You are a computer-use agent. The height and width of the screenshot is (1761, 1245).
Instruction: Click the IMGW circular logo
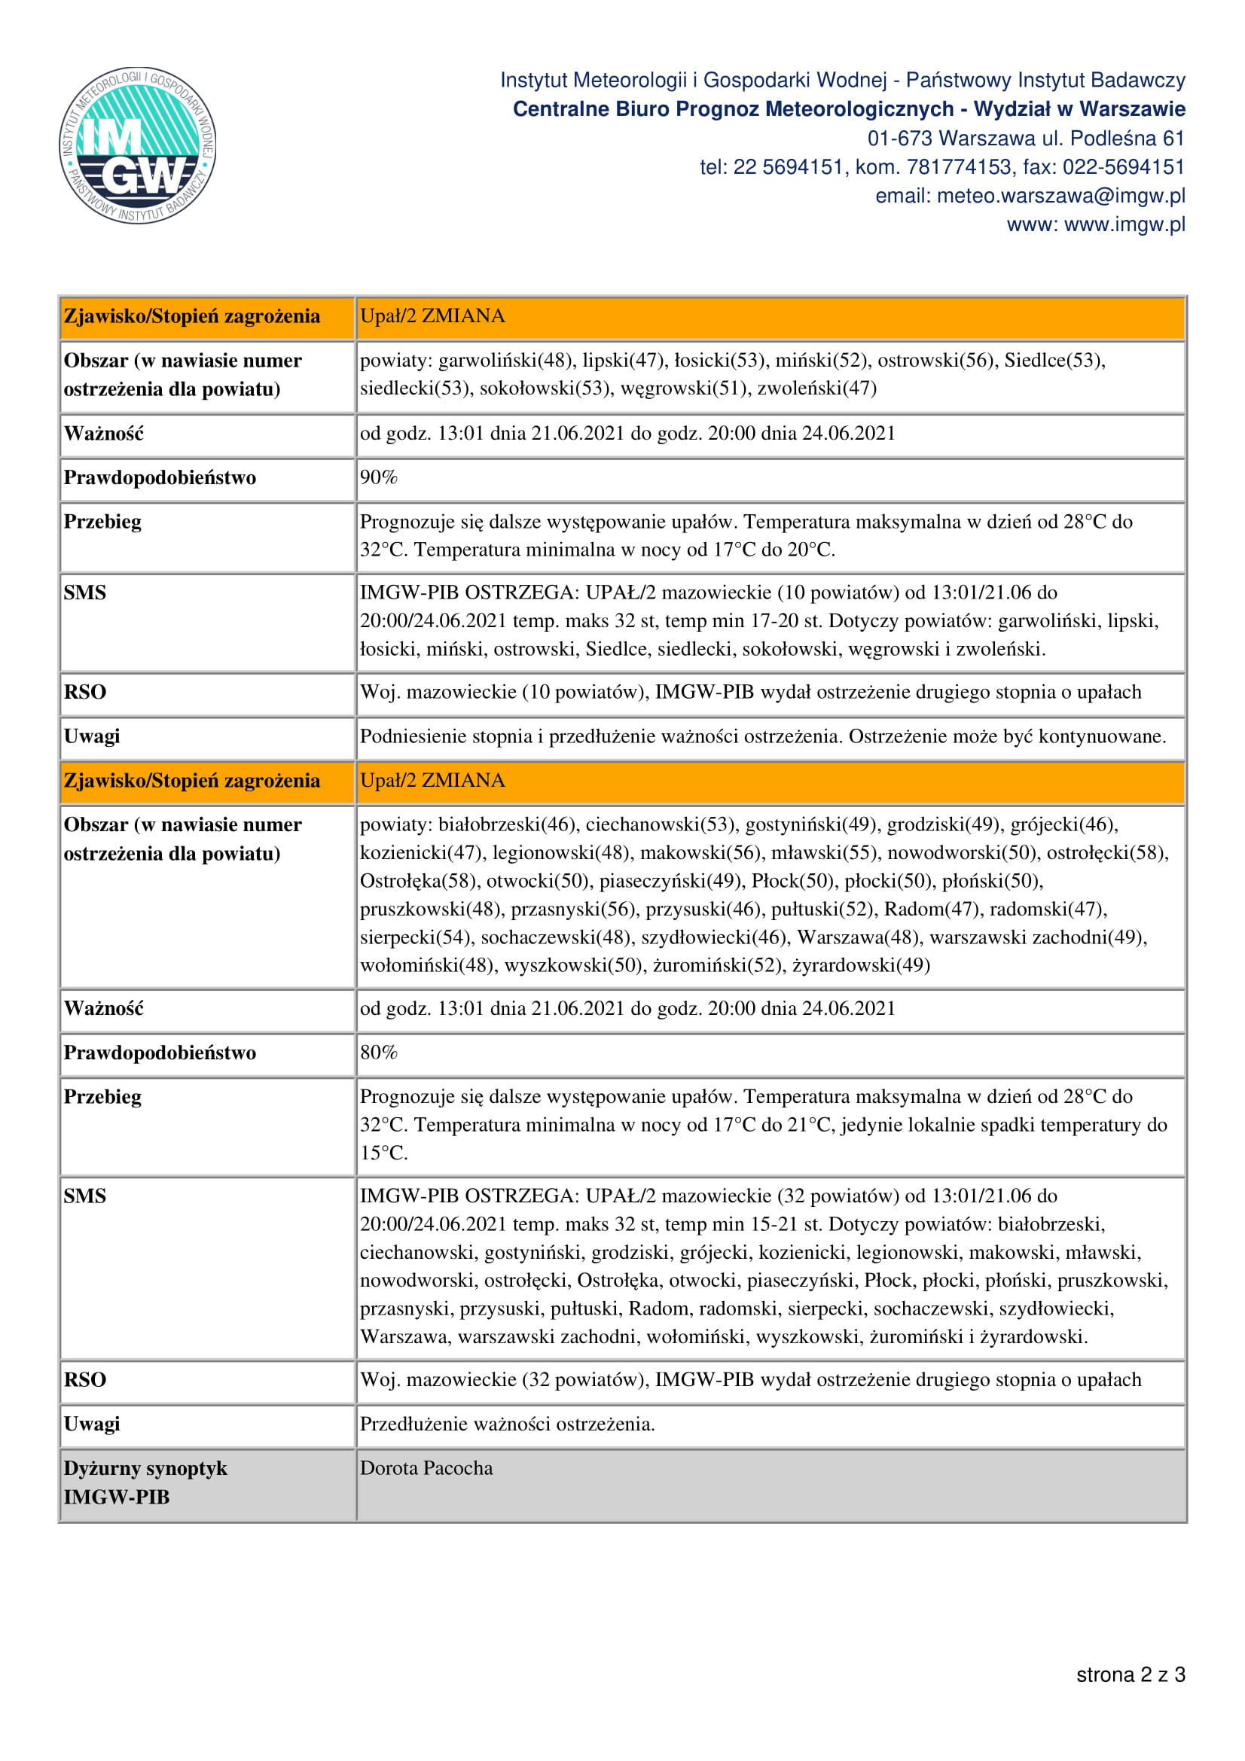pos(137,145)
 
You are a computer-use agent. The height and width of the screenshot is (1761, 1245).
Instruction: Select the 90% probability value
pos(379,478)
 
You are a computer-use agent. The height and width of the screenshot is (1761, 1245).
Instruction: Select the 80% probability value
pos(379,1053)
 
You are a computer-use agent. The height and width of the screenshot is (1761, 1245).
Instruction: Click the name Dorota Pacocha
pos(426,1468)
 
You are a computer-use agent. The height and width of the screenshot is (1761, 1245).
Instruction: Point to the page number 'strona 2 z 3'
pos(1130,1674)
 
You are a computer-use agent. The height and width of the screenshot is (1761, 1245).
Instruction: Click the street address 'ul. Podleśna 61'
pos(1112,139)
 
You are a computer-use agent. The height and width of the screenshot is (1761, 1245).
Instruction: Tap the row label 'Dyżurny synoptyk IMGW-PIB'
pos(146,1482)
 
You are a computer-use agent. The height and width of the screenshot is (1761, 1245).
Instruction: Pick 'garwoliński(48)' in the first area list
pos(505,361)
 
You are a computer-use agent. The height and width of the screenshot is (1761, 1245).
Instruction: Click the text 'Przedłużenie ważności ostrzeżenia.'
pos(507,1424)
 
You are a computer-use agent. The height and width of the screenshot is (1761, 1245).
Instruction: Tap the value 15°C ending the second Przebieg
pos(383,1153)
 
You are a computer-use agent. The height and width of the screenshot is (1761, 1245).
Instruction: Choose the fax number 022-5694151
pos(1124,167)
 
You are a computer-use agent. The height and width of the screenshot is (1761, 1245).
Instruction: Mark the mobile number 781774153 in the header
pos(960,167)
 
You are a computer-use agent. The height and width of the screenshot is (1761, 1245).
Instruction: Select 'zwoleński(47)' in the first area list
pos(816,388)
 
